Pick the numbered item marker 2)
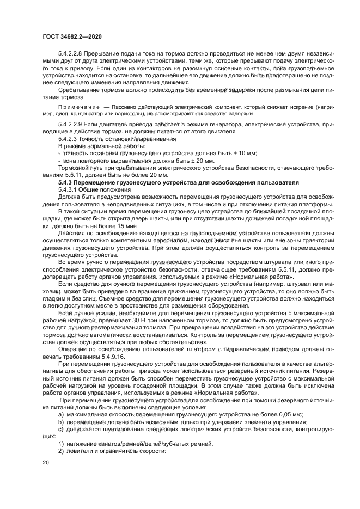61,451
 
